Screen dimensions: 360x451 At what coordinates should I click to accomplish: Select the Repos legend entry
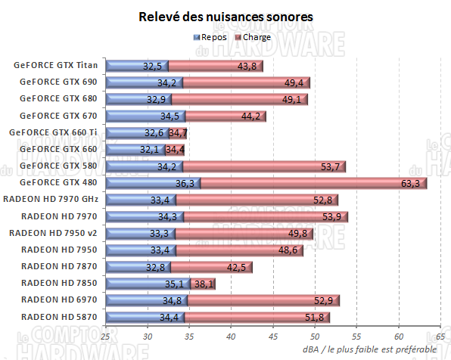tap(215, 36)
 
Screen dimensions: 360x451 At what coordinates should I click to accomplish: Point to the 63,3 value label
tap(412, 183)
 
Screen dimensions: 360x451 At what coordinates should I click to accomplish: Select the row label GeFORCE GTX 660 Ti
tap(53, 132)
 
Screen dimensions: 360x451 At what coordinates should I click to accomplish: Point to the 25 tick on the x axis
tap(105, 336)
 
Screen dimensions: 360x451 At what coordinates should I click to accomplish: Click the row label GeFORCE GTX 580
tap(59, 166)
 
